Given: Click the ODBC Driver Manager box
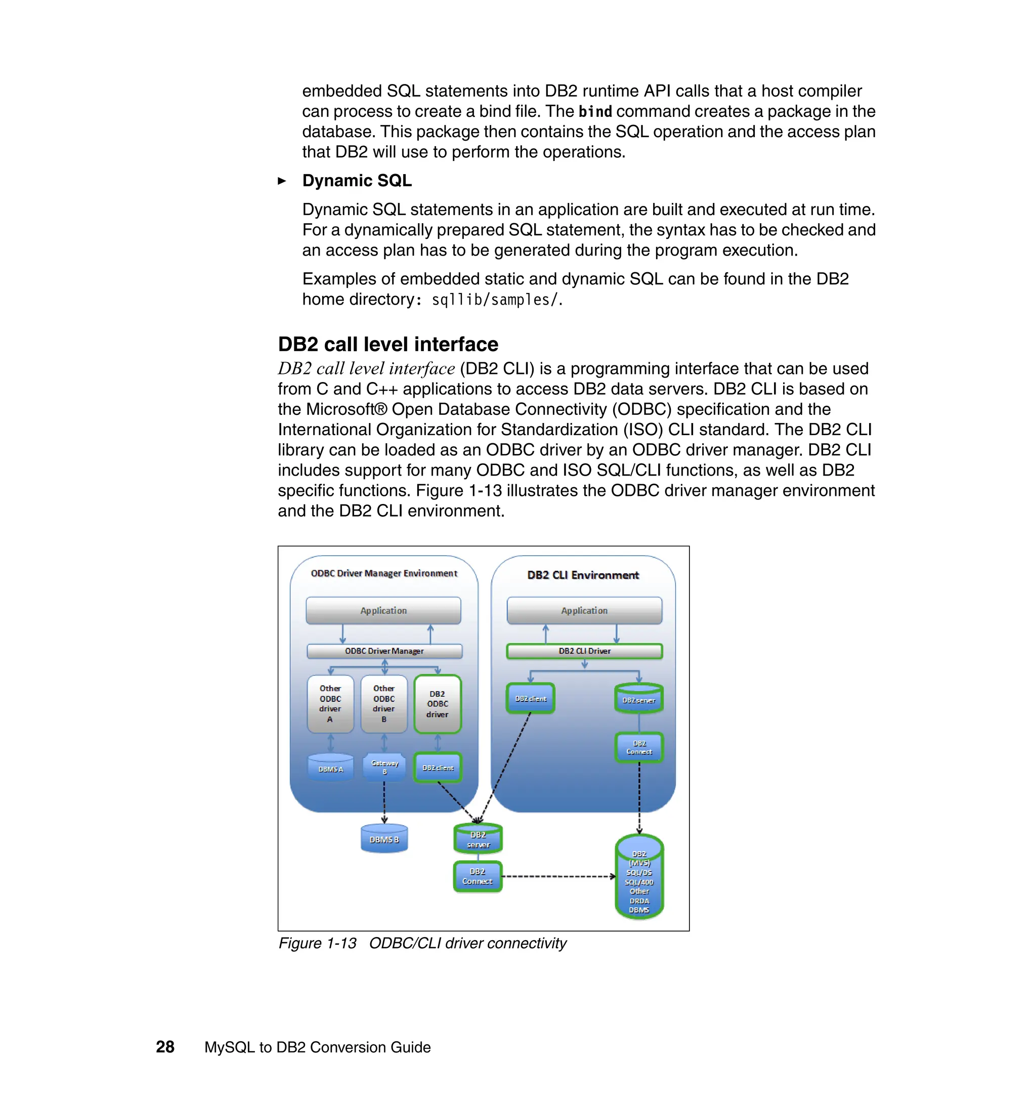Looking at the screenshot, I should (x=384, y=651).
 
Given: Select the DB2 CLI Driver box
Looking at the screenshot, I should (x=584, y=651).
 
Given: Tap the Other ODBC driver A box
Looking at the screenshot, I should (x=330, y=704).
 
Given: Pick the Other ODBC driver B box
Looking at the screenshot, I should (x=384, y=704).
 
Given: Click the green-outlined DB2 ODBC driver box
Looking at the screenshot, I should (x=438, y=704).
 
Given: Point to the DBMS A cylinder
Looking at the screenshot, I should (x=331, y=768).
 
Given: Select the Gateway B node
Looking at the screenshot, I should (x=384, y=767).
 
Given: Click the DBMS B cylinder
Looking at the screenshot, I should (x=384, y=839).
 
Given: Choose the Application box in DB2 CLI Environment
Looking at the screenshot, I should (x=584, y=610).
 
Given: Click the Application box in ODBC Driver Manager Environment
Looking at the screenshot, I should (x=383, y=610).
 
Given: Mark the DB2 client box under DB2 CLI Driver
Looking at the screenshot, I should (x=530, y=699).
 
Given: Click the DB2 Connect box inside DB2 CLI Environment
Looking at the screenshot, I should (x=639, y=748).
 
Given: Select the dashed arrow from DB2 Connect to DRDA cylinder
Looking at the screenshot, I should (x=558, y=876).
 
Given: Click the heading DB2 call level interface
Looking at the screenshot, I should (x=387, y=344).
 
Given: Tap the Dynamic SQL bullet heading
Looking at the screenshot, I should (x=357, y=181).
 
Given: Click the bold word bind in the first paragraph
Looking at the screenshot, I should (x=595, y=112).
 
